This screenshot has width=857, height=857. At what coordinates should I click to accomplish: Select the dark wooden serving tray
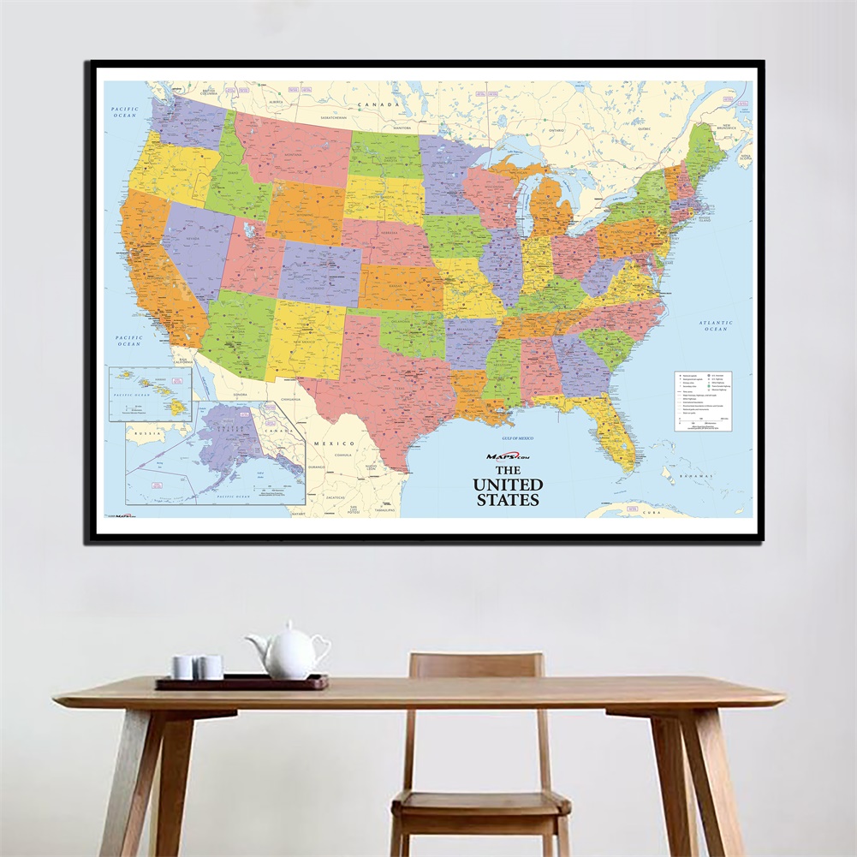(241, 682)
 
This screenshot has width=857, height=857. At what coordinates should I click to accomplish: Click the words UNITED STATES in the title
(508, 491)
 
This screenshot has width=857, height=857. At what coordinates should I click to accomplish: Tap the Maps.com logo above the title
(508, 456)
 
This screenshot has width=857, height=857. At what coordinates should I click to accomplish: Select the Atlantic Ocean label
(715, 325)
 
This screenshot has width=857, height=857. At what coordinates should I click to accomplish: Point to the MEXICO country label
(333, 443)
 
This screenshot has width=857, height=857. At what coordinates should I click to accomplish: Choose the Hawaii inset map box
(150, 393)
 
